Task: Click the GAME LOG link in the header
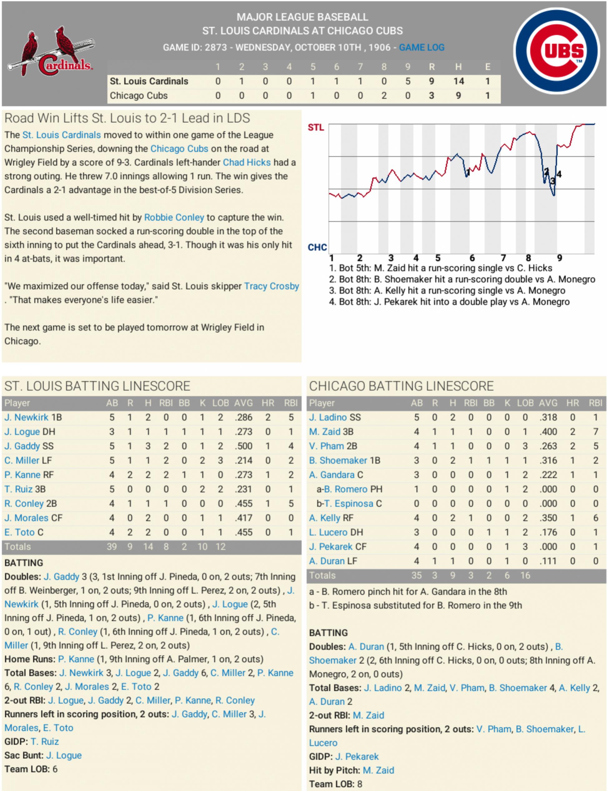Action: click(x=421, y=47)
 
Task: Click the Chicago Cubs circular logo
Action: click(x=556, y=51)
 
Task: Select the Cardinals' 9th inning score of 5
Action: click(x=408, y=81)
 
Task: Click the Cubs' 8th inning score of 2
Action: click(x=384, y=96)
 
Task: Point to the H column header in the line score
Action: click(x=458, y=67)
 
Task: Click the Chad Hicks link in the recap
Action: click(x=246, y=163)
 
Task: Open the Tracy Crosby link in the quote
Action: click(x=271, y=286)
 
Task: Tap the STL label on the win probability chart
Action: click(x=316, y=128)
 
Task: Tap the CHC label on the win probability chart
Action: click(x=317, y=248)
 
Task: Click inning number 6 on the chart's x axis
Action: click(x=472, y=258)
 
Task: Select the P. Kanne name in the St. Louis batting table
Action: click(x=22, y=475)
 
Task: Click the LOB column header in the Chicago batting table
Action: click(x=525, y=403)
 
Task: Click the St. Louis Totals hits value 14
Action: click(x=148, y=547)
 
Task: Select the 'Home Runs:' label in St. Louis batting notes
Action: click(x=30, y=659)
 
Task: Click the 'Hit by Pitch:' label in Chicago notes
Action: click(x=335, y=770)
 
